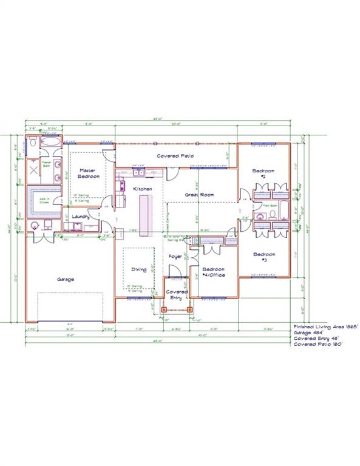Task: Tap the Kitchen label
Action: click(143, 189)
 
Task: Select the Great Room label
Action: click(199, 194)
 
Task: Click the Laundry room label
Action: click(81, 216)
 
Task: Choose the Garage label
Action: click(66, 279)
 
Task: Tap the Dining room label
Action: click(139, 269)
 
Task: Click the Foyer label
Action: click(175, 257)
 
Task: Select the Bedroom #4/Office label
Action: click(213, 272)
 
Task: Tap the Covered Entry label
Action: click(176, 294)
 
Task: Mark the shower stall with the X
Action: click(33, 168)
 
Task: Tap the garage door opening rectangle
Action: click(69, 307)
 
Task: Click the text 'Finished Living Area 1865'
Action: click(325, 326)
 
